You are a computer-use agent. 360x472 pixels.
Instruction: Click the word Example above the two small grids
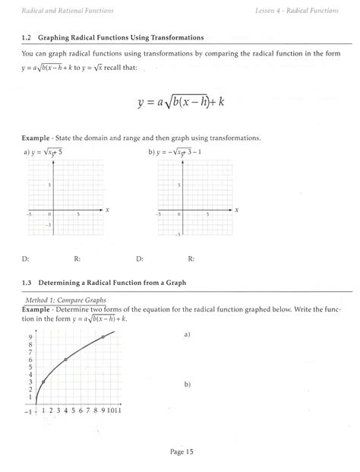pyautogui.click(x=38, y=138)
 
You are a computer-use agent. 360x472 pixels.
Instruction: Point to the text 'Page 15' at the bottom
pyautogui.click(x=180, y=451)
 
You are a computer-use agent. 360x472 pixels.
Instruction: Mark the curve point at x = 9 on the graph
pyautogui.click(x=103, y=337)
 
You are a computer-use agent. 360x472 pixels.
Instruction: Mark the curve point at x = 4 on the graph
pyautogui.click(x=66, y=360)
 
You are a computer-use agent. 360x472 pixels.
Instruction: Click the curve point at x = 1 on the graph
pyautogui.click(x=43, y=382)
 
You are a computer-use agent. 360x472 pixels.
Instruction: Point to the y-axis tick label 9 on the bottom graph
pyautogui.click(x=29, y=337)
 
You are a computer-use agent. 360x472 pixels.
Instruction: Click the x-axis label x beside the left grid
pyautogui.click(x=108, y=209)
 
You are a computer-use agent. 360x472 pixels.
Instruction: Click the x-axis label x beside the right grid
pyautogui.click(x=236, y=209)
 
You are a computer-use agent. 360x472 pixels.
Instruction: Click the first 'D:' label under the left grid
pyautogui.click(x=27, y=258)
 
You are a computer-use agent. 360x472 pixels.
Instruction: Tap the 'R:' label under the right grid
pyautogui.click(x=191, y=258)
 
